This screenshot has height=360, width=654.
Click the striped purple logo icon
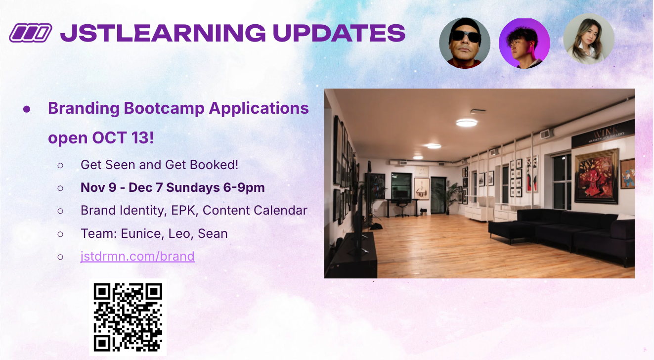[x=31, y=33]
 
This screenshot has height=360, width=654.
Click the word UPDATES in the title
[x=339, y=33]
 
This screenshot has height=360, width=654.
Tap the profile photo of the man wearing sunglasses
[x=465, y=43]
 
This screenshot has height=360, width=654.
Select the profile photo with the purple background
[x=524, y=43]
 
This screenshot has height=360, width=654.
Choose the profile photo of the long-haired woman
[x=589, y=39]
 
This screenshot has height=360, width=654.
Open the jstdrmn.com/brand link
[x=137, y=256]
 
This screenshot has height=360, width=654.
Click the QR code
[x=128, y=317]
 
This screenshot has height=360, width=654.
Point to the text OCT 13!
[x=123, y=137]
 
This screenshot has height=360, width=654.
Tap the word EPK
[x=184, y=211]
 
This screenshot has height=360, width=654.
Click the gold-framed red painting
[x=596, y=176]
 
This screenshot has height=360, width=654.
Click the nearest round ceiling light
[x=467, y=123]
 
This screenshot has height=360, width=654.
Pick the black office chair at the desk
[x=402, y=209]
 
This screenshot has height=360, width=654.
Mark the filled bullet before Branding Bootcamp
[x=27, y=109]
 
